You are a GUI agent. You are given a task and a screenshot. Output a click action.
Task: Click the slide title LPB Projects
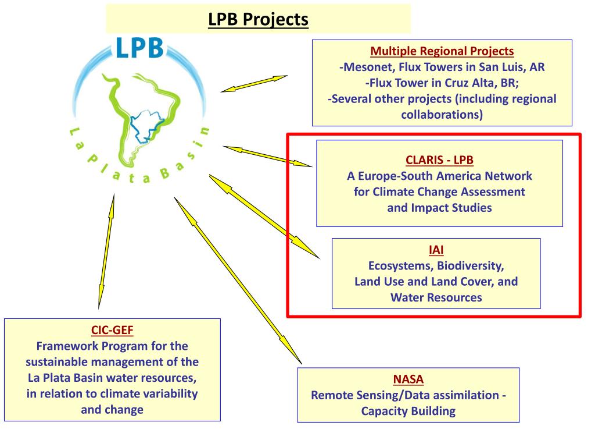258,19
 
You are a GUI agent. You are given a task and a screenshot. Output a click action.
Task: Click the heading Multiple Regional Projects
442,51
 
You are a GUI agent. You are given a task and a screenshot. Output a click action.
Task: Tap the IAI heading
436,250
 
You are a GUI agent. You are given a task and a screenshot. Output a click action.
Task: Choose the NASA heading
408,379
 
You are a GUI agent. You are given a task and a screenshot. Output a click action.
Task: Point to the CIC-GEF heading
112,331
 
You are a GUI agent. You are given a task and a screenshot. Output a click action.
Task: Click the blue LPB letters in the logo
139,48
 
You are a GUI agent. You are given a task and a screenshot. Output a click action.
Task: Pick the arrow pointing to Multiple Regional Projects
254,83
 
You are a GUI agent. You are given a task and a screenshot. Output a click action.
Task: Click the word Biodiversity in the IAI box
470,266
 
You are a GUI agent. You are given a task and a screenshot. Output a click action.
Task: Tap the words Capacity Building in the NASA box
408,411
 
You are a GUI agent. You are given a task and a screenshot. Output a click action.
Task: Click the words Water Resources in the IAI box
436,297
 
